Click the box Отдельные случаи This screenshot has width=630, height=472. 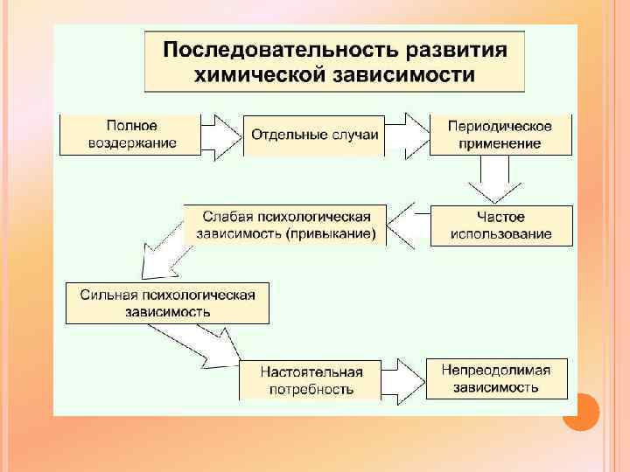click(314, 135)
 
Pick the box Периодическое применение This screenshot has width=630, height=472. click(500, 135)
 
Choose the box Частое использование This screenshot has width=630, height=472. click(500, 226)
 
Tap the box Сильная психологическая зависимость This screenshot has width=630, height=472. click(167, 302)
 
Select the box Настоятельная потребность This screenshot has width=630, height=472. click(311, 380)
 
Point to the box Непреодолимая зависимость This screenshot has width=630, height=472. click(496, 378)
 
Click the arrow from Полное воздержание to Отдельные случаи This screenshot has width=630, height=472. click(222, 135)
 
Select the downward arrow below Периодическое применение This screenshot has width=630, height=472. click(494, 184)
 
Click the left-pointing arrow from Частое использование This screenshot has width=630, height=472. click(409, 226)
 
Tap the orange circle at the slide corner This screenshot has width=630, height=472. click(580, 412)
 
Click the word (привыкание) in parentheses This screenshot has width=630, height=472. click(336, 233)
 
